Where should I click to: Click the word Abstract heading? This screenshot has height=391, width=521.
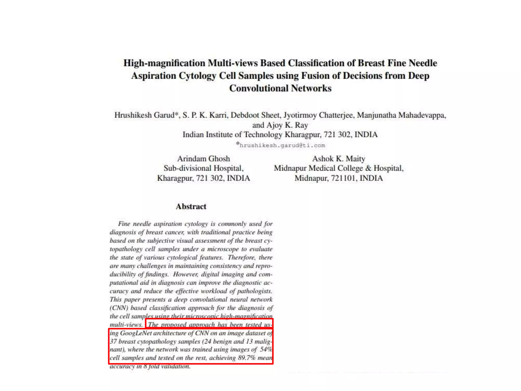click(x=191, y=206)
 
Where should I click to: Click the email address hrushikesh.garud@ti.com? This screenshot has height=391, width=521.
click(x=282, y=145)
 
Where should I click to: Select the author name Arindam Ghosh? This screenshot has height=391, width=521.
click(x=204, y=159)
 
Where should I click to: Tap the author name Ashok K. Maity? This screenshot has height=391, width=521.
click(x=339, y=159)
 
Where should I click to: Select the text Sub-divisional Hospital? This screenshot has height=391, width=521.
click(x=204, y=168)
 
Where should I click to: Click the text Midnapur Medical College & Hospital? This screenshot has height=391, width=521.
click(x=339, y=168)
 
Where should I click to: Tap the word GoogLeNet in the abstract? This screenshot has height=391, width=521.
click(x=136, y=333)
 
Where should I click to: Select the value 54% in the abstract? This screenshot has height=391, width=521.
click(x=266, y=350)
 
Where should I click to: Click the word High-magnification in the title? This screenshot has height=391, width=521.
click(x=164, y=63)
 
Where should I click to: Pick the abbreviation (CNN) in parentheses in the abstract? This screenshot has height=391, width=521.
click(x=119, y=308)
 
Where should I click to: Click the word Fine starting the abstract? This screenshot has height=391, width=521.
click(x=124, y=224)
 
